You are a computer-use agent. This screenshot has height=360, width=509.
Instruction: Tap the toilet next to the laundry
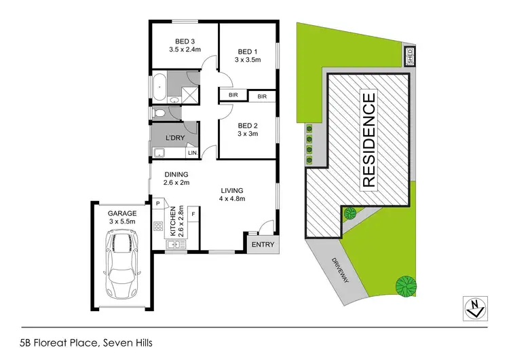click(158, 113)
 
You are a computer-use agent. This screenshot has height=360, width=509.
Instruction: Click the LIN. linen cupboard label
click(192, 153)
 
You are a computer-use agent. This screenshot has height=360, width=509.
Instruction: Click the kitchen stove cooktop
click(158, 227)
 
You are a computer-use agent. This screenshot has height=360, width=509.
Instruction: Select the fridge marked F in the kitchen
click(193, 215)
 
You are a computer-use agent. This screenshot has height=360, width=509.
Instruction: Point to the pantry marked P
click(157, 203)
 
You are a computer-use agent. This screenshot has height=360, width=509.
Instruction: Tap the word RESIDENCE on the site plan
click(368, 141)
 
